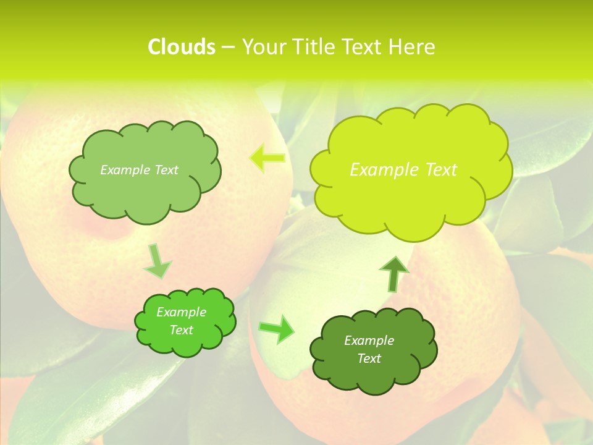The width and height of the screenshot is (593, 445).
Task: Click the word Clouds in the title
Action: click(x=181, y=47)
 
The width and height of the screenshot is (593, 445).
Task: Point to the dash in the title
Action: click(x=228, y=48)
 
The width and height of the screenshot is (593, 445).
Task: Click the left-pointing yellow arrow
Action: click(x=267, y=158)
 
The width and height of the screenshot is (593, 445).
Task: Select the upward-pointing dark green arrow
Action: click(x=394, y=273)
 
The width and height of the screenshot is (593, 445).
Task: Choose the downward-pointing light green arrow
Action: click(x=158, y=261)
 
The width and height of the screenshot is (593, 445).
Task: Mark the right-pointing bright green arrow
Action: click(x=277, y=329)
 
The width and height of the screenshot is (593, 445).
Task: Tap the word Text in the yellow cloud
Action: click(x=440, y=170)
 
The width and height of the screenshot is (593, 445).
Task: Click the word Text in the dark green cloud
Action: click(x=369, y=358)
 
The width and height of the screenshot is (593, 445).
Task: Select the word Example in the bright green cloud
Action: click(x=182, y=312)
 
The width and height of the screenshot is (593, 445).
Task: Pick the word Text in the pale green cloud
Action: click(x=166, y=170)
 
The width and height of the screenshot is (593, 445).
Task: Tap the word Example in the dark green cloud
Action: click(x=369, y=341)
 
